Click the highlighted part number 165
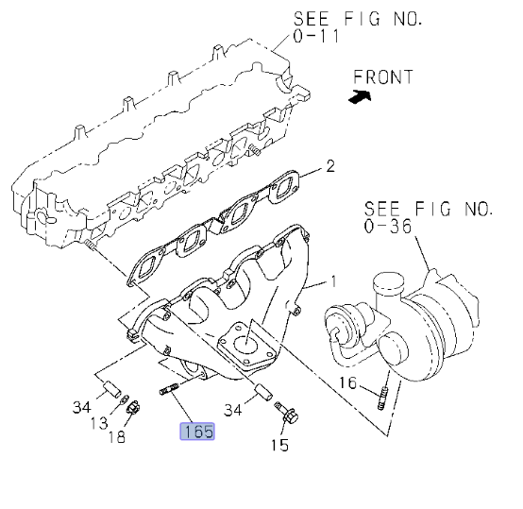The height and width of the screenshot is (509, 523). [197, 432]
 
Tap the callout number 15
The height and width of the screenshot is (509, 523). [279, 445]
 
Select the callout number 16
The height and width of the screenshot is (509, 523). [348, 382]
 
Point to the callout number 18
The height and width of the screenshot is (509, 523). [117, 436]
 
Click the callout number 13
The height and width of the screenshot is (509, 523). [99, 423]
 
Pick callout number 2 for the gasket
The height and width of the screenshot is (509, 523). [330, 166]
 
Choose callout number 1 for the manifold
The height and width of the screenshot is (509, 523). [334, 282]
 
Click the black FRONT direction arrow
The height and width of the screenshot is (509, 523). [360, 96]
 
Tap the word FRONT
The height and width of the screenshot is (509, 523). [383, 77]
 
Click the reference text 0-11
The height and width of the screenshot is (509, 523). [316, 36]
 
